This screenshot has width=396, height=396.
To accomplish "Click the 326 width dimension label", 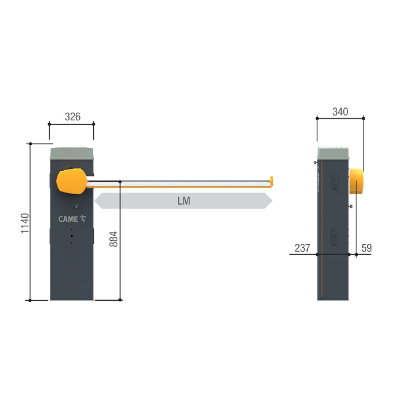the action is point(73,117).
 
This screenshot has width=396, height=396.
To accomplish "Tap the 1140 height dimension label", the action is point(25,224).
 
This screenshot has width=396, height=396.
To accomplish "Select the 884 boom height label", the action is point(114,239).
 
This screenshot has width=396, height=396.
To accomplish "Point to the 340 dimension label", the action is point(340,112).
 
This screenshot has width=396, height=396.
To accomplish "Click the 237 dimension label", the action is point(302,248).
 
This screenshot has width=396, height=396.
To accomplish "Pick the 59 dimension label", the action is point(367,248).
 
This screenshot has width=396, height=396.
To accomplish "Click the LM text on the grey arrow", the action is point(183,201).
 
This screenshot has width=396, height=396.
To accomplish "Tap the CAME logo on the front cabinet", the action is point(72,219).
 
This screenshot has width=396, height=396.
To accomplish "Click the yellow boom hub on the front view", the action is point(72,181).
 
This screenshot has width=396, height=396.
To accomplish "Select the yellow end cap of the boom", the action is point(271,182).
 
